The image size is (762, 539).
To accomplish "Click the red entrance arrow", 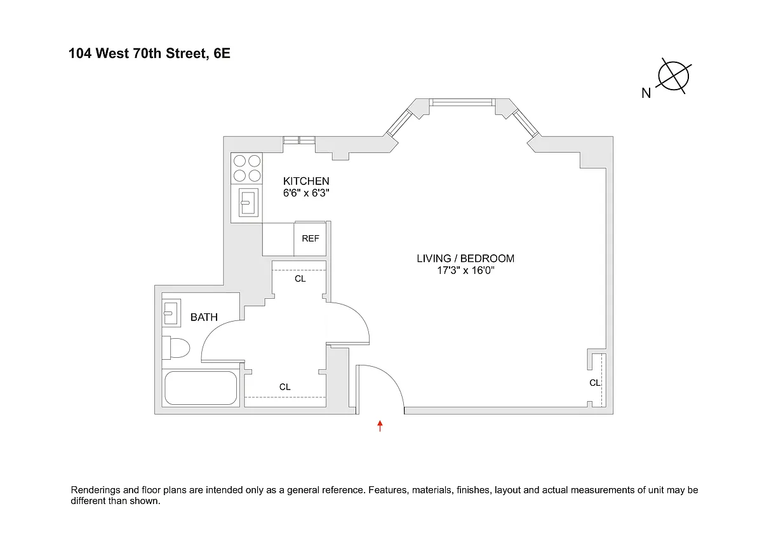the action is click(x=380, y=426).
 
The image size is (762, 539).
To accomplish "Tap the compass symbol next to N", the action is click(x=674, y=76).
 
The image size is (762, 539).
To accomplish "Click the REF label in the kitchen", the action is click(x=311, y=238).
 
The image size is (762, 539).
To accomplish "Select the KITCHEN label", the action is click(x=306, y=181).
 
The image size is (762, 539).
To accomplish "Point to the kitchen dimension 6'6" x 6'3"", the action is click(x=306, y=193).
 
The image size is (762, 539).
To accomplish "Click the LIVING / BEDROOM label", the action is click(x=465, y=259).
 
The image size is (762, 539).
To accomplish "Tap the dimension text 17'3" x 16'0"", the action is click(x=465, y=270).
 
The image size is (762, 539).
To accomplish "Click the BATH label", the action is click(x=204, y=317).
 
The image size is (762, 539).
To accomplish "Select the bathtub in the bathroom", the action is click(x=201, y=388).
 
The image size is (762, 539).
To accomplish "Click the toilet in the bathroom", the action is click(x=175, y=348).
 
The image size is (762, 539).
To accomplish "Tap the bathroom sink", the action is click(x=171, y=313).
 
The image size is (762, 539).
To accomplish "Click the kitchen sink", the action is click(x=248, y=203).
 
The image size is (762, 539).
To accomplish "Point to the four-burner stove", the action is click(x=246, y=168).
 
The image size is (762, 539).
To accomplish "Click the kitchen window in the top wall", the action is click(x=299, y=140).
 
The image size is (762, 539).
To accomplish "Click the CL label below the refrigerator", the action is click(x=300, y=279).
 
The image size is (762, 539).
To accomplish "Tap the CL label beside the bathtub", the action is click(x=284, y=387).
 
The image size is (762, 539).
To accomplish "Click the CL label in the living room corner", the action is click(x=594, y=383).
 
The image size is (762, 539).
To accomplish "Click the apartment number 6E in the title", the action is click(x=222, y=53).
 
